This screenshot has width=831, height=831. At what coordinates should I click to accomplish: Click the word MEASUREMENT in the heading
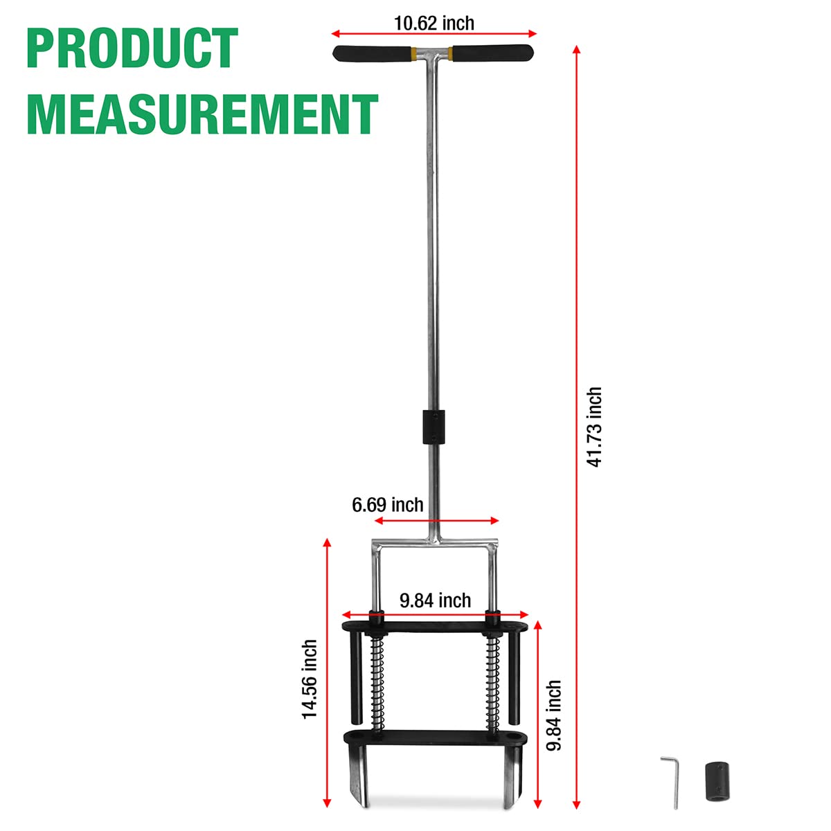click(202, 114)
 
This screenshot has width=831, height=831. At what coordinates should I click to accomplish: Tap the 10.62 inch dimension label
click(434, 23)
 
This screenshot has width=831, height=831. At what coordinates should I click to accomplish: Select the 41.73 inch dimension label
click(594, 427)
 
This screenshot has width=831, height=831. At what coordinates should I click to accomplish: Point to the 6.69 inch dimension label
click(387, 505)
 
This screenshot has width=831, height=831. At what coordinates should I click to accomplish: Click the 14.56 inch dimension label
click(310, 679)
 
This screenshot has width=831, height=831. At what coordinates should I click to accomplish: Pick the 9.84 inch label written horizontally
click(435, 600)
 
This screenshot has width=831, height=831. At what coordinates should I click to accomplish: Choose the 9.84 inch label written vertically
click(553, 715)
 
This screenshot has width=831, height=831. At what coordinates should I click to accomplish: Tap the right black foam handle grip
click(492, 53)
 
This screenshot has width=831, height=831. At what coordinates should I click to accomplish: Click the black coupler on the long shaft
click(434, 427)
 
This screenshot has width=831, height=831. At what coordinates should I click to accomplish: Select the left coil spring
click(377, 682)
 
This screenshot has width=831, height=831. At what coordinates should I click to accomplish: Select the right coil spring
click(492, 682)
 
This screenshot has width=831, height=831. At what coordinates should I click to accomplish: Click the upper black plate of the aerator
click(435, 626)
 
